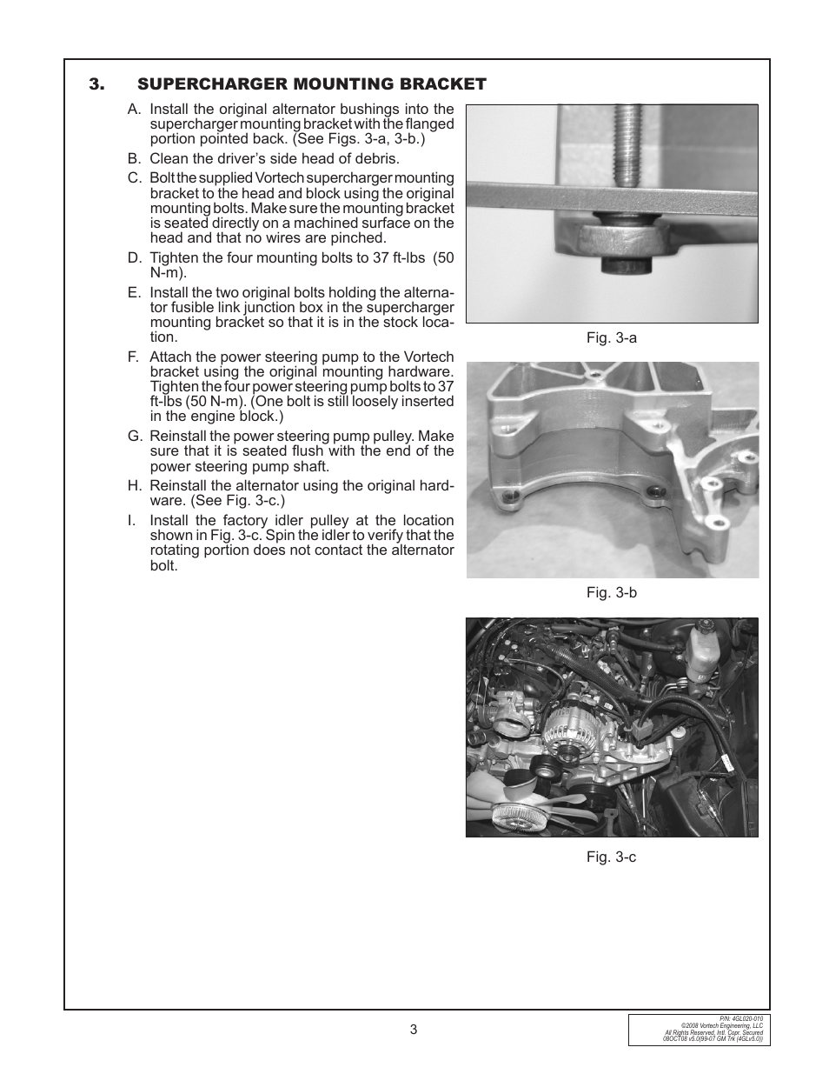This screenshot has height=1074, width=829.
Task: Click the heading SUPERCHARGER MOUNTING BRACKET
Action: tap(311, 84)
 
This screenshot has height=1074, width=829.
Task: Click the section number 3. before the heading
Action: tap(96, 84)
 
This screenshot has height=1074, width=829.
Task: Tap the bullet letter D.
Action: tap(134, 258)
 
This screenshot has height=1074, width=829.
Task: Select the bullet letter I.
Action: tap(133, 521)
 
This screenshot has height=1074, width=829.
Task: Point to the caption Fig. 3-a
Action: tap(611, 337)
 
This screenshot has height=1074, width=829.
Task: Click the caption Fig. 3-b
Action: tap(611, 592)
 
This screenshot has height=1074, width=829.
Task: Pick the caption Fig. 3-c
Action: tap(611, 857)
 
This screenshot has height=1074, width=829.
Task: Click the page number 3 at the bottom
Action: tap(414, 1030)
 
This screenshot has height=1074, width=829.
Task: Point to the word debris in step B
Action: tap(376, 159)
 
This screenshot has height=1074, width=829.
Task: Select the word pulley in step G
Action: tap(388, 437)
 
